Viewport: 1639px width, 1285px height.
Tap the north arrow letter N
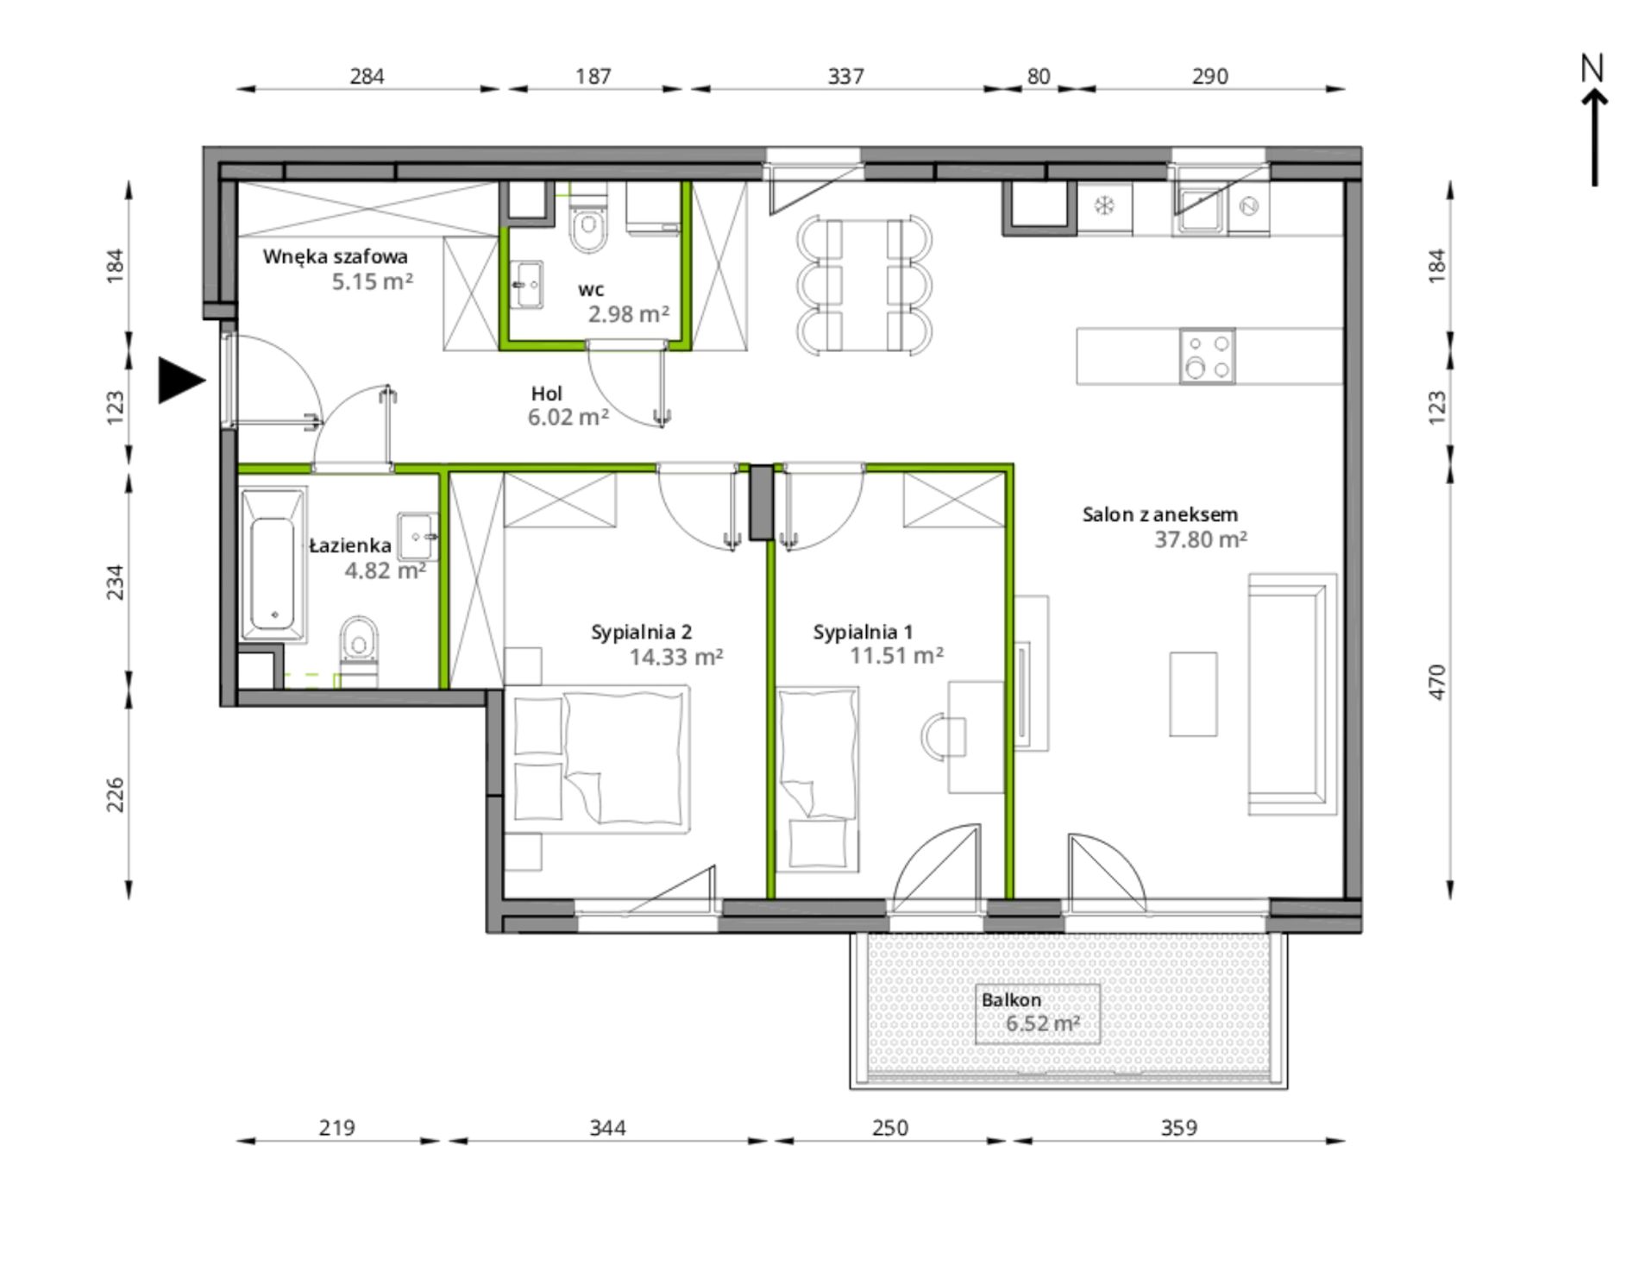[1592, 68]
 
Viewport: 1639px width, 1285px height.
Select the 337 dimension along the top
[845, 77]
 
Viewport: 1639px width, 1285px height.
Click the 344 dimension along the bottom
[607, 1128]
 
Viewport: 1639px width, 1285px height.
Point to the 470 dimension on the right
[1436, 682]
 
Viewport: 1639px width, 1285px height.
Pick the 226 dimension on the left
[115, 795]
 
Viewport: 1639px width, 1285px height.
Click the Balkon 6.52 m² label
[1031, 1012]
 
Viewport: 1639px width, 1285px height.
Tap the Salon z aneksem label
[1160, 514]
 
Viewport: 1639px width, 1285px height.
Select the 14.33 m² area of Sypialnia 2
[676, 658]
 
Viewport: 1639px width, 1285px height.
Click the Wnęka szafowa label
[336, 256]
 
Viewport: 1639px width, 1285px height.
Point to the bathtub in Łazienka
[273, 565]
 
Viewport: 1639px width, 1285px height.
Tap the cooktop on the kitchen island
[1207, 356]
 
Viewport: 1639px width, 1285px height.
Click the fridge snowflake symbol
[1104, 205]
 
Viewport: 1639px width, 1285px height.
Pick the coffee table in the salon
[1193, 694]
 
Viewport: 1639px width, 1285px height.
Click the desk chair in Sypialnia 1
[944, 737]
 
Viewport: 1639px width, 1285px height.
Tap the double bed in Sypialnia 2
[597, 759]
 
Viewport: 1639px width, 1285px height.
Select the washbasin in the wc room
[527, 284]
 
